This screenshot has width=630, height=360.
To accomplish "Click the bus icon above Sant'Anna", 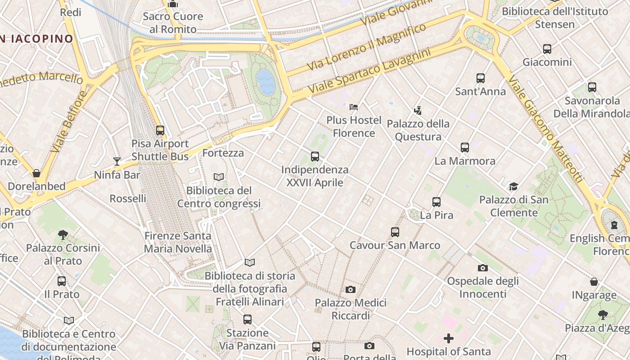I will click(x=481, y=78).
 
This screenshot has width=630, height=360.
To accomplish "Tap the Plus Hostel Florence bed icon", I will click(x=354, y=107).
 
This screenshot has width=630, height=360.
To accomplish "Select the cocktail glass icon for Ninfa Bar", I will click(x=117, y=161).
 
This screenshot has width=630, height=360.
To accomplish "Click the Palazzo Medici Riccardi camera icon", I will click(x=351, y=289).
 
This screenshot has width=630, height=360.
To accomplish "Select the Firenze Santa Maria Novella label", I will click(x=178, y=242).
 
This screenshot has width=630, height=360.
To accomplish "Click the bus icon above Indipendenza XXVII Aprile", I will click(x=315, y=157).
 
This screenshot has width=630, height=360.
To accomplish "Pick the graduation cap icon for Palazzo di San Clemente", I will click(x=513, y=186).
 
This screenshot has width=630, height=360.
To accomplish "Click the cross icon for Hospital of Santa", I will click(x=449, y=338).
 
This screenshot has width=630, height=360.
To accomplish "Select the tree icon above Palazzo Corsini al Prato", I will click(x=63, y=234).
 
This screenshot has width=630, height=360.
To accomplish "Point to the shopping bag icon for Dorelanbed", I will click(x=36, y=173).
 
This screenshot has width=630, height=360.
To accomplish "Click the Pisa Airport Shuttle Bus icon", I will click(x=160, y=130).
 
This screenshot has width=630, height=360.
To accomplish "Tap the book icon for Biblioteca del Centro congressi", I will click(x=219, y=177).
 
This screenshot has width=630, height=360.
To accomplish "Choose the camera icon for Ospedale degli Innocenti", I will click(x=483, y=268).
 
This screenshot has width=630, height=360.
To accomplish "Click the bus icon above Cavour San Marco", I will click(x=395, y=232).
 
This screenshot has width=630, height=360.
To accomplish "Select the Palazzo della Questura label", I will click(x=418, y=130).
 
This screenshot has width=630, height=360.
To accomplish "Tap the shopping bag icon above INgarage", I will click(x=594, y=282).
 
